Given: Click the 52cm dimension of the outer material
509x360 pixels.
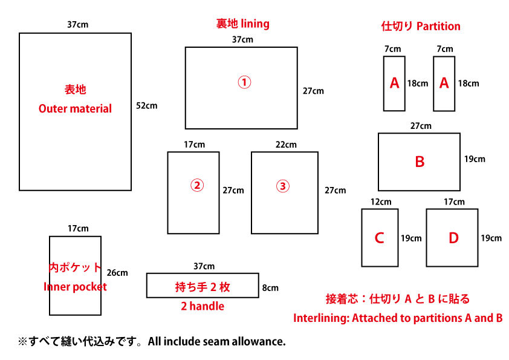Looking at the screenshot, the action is tap(146, 106).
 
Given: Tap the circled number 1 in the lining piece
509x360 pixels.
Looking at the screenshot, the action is tap(244, 82).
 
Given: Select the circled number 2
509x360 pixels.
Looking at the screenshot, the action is tap(197, 186).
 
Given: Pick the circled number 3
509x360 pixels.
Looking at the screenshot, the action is tap(283, 186).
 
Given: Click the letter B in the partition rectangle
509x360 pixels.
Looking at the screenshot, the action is tap(420, 162).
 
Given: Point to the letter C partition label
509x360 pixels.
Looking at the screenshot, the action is tap(380, 238).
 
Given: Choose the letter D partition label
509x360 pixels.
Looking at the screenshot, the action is tap(453, 238).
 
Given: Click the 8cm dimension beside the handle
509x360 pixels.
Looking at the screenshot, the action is tap(270, 287).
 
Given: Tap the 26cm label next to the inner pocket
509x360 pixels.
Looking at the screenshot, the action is tap(117, 273).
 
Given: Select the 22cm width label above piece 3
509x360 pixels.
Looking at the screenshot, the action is tap(286, 145).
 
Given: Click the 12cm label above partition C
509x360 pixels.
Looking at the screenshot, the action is tap(381, 201).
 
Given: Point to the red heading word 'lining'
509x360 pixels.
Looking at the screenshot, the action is tap(255, 24).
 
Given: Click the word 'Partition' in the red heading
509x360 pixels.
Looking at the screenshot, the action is tap(438, 26).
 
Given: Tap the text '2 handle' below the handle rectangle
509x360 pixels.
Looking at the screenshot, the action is tap(203, 306).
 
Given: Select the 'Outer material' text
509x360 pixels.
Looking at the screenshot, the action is tap(75, 108).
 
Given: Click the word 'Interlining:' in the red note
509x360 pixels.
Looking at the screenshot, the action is tap(322, 318).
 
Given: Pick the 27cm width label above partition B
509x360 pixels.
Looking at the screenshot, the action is tap(421, 126).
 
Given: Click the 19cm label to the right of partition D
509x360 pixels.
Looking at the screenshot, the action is tap(491, 238).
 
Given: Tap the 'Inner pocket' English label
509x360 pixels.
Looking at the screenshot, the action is tap(75, 287).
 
